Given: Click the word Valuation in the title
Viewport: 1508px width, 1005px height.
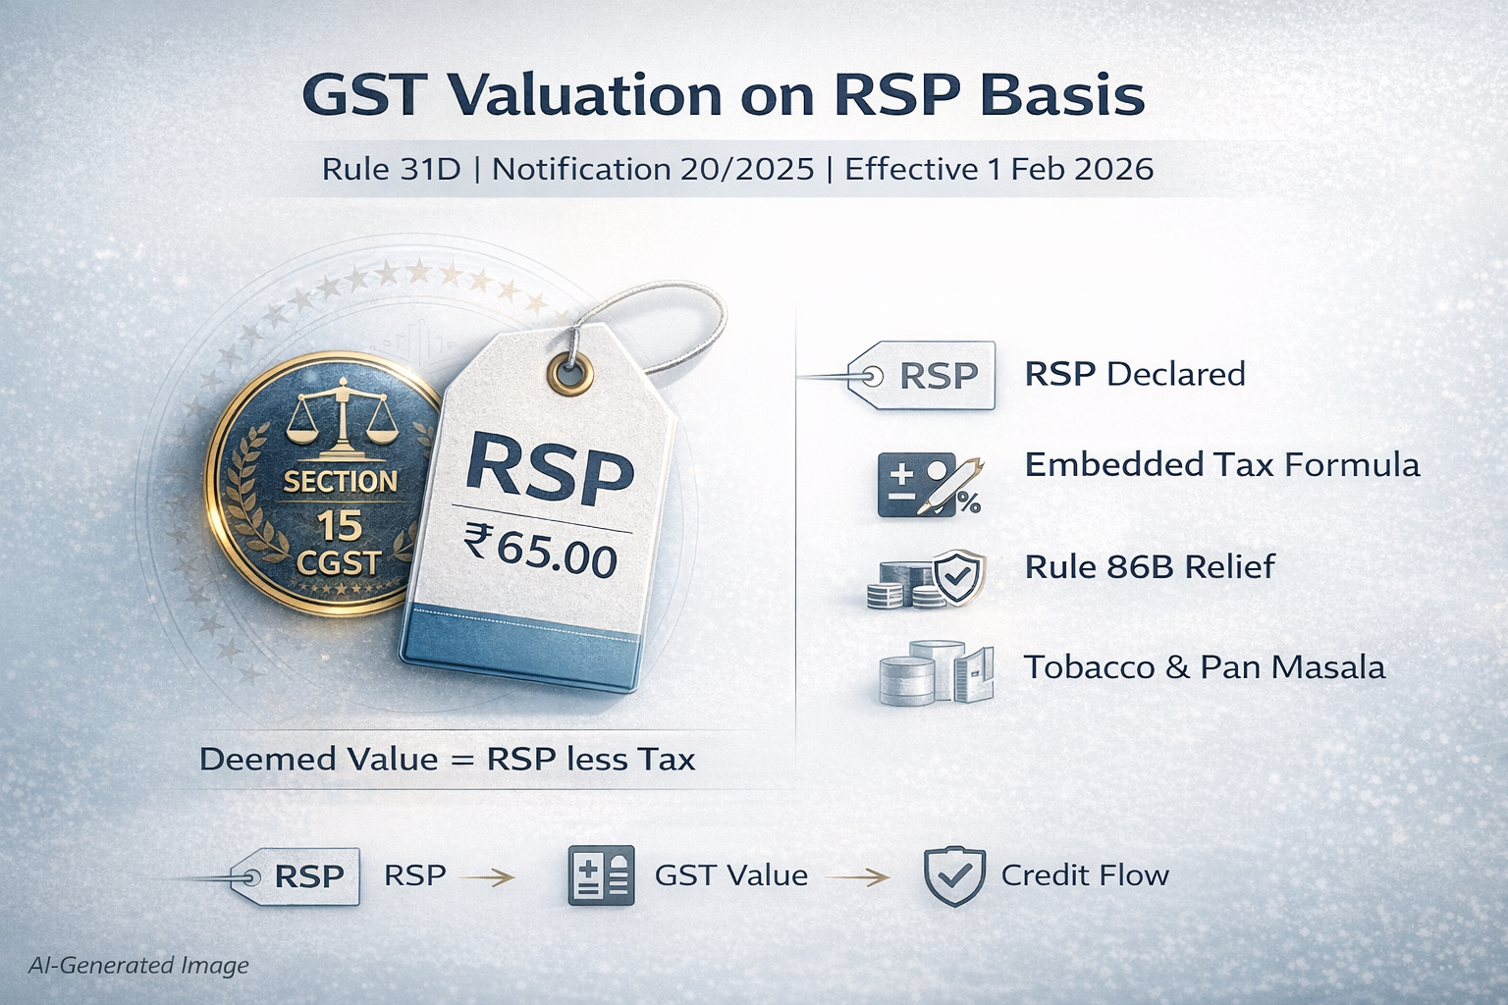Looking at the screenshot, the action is (x=583, y=95).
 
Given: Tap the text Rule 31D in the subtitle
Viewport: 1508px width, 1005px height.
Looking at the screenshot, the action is (x=391, y=169).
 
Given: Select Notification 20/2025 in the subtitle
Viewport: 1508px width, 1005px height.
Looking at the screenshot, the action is (x=653, y=169).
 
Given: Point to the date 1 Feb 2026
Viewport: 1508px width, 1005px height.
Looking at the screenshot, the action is (x=1072, y=169).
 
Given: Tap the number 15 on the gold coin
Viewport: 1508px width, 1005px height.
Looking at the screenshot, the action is (x=340, y=526).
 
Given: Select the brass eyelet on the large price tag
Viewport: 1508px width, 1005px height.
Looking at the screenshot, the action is (x=569, y=371).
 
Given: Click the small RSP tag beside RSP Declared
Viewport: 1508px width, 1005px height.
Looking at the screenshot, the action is (x=921, y=375).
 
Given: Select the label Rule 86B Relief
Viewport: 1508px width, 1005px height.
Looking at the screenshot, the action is (x=1150, y=567).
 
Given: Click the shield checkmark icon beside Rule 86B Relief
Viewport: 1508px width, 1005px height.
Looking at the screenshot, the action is (x=958, y=577).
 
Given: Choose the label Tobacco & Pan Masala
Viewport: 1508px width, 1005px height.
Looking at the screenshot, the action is (x=1205, y=667).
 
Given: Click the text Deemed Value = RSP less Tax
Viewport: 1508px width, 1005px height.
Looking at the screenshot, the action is (x=447, y=760).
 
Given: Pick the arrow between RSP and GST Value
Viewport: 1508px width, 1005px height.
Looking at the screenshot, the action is (x=486, y=876).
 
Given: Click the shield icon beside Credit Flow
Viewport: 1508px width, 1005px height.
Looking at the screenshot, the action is (x=954, y=875).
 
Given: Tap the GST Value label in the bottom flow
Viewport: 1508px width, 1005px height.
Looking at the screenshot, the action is (x=731, y=875).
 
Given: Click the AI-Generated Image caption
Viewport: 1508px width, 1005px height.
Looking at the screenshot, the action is (x=138, y=966).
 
